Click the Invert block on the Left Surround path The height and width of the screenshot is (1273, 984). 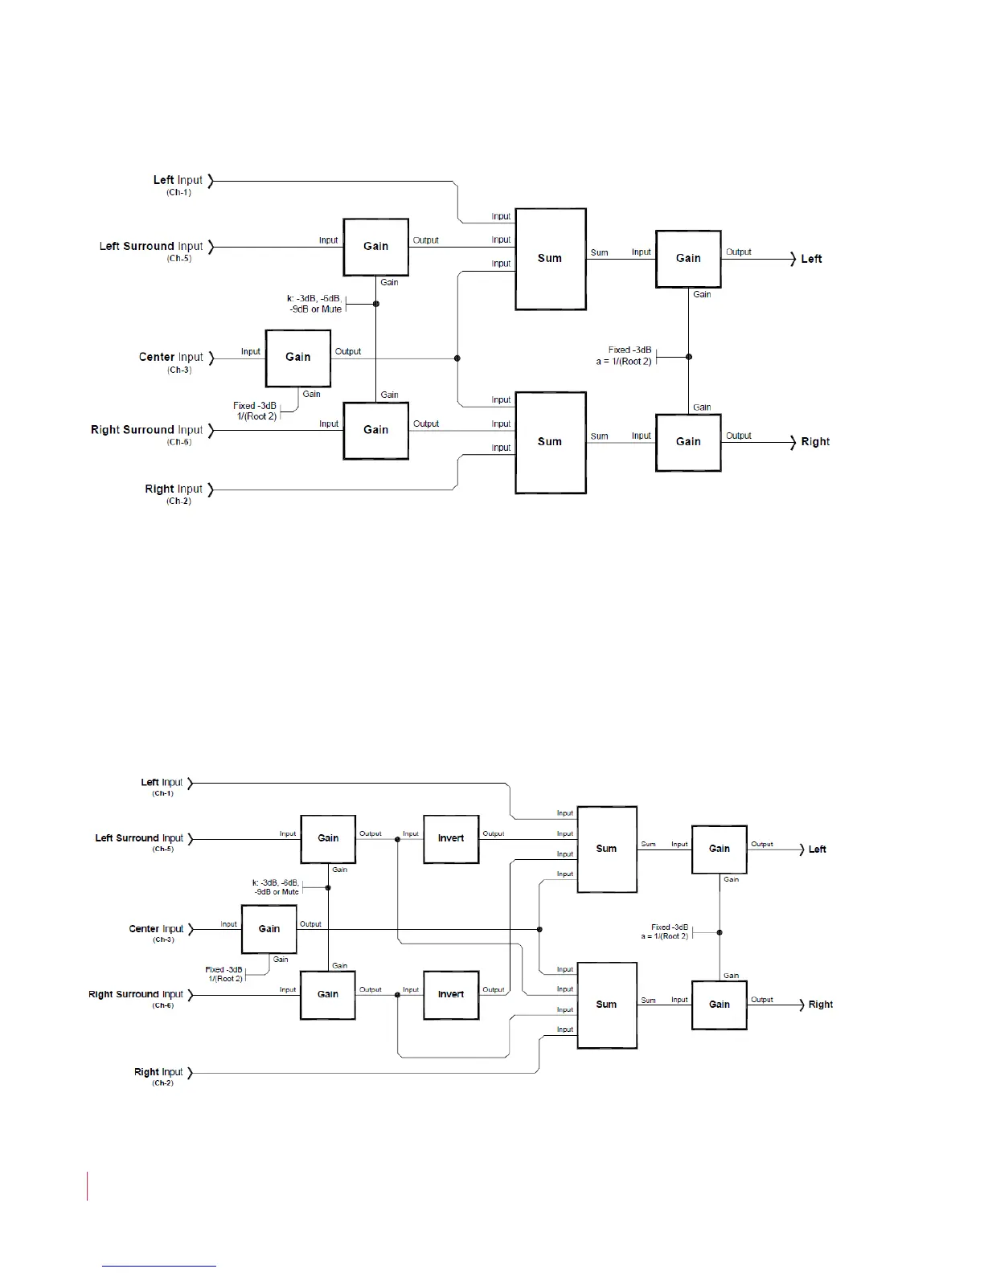[451, 839]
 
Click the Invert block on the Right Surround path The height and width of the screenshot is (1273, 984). [451, 995]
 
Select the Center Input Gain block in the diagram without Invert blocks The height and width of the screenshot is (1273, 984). [297, 358]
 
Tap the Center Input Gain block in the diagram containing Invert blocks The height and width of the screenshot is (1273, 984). [269, 929]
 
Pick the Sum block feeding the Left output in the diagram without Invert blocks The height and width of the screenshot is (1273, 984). [550, 259]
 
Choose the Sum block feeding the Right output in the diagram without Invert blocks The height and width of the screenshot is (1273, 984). [550, 442]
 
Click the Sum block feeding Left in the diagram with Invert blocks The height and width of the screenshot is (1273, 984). [607, 849]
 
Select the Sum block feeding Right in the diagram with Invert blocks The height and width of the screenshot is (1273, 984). [607, 1005]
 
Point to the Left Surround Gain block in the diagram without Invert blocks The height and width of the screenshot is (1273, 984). [375, 247]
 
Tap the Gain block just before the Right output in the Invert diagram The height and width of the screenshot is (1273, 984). [720, 1005]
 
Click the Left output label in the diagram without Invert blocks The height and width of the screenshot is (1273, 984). [811, 259]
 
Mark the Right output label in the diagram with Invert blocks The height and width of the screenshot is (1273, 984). [820, 1005]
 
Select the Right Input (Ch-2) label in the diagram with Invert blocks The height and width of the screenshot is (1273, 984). [158, 1076]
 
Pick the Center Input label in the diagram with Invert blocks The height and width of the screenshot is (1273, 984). [156, 932]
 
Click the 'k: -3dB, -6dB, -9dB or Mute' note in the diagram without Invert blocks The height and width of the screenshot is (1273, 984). [314, 304]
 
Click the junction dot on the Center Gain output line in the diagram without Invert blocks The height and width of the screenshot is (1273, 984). [457, 358]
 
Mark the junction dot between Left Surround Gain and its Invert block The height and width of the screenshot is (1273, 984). [398, 839]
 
